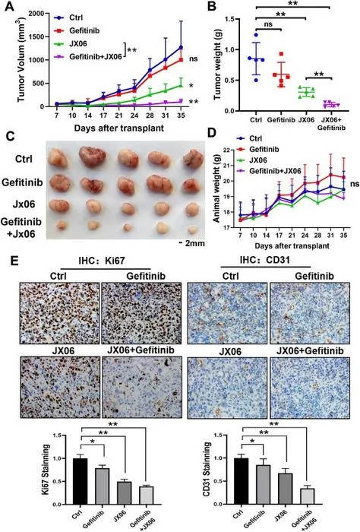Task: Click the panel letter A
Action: click(9, 6)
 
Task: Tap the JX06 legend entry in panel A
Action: click(78, 44)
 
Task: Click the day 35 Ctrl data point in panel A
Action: click(181, 47)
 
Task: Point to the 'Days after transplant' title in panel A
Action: click(119, 128)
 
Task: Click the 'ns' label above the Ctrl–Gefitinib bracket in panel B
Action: click(268, 24)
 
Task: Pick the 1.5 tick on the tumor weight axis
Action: click(229, 19)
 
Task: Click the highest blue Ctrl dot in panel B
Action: click(256, 35)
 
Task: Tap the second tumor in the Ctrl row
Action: click(92, 157)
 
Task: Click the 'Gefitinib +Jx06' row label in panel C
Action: click(21, 228)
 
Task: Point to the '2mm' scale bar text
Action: click(195, 243)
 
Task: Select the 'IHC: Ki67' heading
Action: click(102, 261)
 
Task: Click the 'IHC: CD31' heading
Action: click(264, 260)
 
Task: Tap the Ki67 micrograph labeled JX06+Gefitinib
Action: click(142, 387)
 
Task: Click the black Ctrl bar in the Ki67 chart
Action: click(81, 481)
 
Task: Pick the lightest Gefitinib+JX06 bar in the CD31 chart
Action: click(307, 496)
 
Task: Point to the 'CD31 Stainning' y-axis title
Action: click(207, 469)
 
